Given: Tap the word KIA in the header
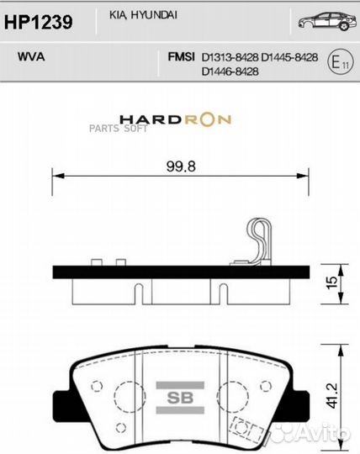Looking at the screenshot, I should click(x=117, y=15).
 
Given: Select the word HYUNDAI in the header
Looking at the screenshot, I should click(x=149, y=15).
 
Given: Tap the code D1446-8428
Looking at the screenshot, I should click(x=230, y=71).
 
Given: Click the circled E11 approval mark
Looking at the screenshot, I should click(x=340, y=62).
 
